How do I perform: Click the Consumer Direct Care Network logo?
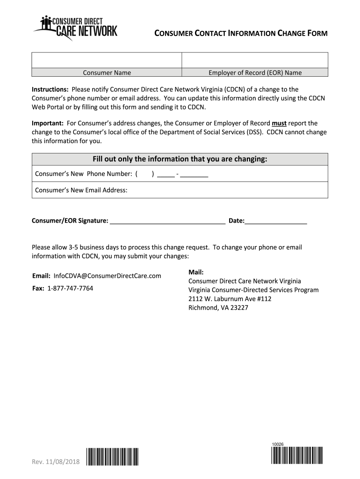point(75,28)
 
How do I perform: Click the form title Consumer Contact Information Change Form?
point(241,33)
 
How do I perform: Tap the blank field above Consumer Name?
point(107,60)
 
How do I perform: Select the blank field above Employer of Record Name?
point(255,60)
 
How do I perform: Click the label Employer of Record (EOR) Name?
point(255,73)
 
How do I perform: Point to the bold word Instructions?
point(50,89)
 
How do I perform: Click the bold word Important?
point(48,123)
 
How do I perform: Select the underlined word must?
point(279,123)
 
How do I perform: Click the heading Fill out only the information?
point(180,159)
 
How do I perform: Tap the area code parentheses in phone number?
point(145,174)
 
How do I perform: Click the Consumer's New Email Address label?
point(81,190)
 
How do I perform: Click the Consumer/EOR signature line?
point(167,221)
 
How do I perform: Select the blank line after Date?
point(276,221)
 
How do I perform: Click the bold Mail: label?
point(196,272)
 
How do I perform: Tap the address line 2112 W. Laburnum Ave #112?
point(230,299)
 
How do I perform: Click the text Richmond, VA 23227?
point(218,308)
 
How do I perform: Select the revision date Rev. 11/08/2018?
point(56,462)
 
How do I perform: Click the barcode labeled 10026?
point(296,455)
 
